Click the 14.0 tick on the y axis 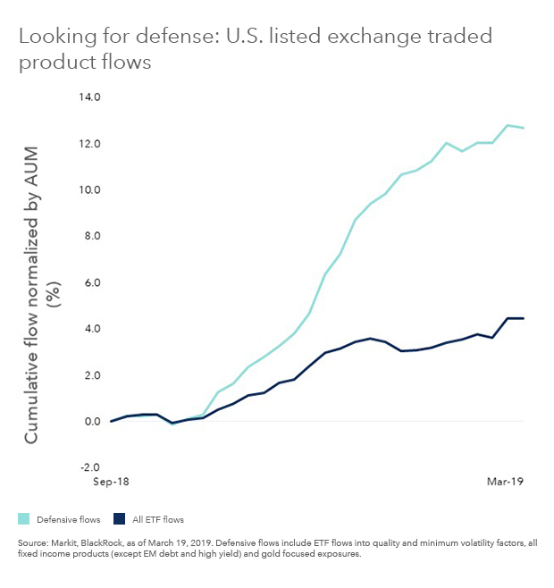(x=90, y=97)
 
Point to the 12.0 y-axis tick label (x=90, y=144)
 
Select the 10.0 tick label (x=90, y=190)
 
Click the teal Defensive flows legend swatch (x=23, y=518)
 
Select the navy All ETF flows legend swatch (x=120, y=518)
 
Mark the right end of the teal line (x=524, y=128)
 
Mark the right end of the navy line (x=524, y=318)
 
